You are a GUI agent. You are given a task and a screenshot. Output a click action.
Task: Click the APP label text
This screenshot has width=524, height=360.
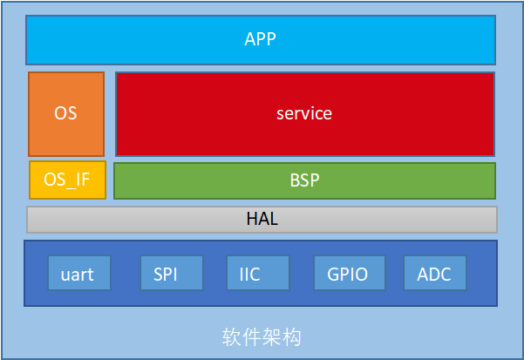(260, 39)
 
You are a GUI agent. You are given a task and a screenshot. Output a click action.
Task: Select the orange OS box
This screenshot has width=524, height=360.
(66, 114)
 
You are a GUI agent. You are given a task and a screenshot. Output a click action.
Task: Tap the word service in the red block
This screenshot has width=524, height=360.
(304, 113)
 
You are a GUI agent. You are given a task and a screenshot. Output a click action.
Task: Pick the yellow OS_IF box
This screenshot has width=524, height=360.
(67, 180)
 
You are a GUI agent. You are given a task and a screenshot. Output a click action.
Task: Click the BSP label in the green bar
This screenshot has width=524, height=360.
(304, 180)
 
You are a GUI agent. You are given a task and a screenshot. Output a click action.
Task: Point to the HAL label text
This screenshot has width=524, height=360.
(262, 219)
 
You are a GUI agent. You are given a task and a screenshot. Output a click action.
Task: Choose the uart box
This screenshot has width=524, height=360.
(79, 273)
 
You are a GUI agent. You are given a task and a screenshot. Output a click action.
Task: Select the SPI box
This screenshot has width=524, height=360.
(172, 273)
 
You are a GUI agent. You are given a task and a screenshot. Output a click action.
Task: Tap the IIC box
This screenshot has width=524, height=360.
(258, 273)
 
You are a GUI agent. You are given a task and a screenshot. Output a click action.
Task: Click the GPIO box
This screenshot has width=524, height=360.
(350, 273)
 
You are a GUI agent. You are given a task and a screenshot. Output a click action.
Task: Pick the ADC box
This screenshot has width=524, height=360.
(435, 273)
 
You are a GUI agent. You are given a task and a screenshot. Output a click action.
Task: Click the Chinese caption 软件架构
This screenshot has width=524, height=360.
(262, 337)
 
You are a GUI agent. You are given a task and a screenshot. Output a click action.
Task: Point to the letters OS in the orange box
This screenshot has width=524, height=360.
(65, 113)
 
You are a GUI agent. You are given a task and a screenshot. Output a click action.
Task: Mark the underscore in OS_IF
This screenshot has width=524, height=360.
(70, 188)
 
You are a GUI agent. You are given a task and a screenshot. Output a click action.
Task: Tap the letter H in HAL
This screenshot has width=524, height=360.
(252, 219)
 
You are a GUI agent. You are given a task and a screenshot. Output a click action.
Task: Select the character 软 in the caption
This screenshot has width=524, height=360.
(232, 337)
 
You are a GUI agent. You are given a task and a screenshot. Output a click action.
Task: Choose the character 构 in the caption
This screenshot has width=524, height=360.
(292, 337)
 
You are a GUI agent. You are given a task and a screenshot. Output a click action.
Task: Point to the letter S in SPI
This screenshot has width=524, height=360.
(158, 275)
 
